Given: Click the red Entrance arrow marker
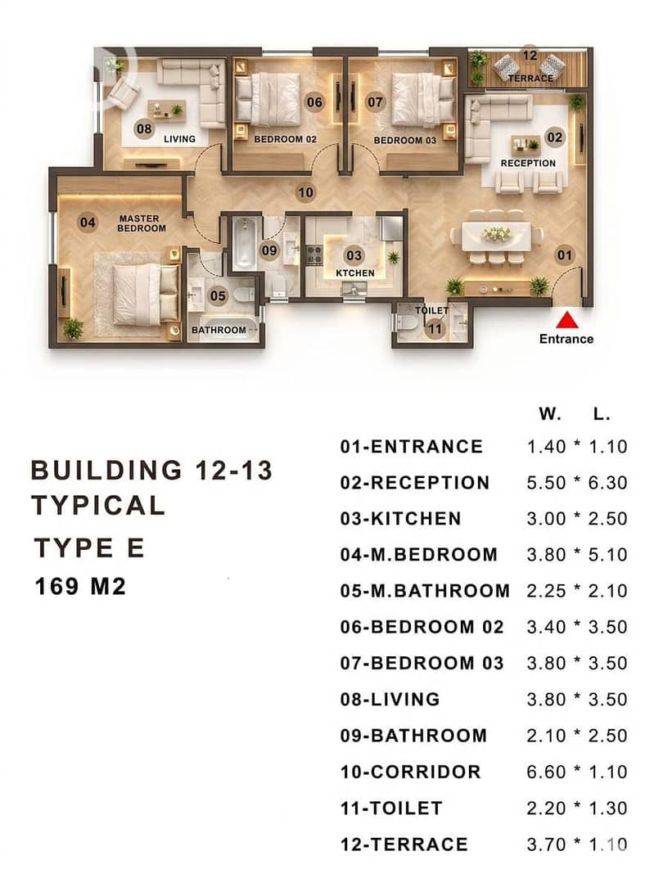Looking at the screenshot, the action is click(x=567, y=320).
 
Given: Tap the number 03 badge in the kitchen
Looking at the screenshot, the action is click(x=354, y=255).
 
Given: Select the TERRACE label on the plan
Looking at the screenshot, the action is click(x=530, y=78).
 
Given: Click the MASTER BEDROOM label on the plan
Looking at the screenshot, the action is click(x=141, y=223).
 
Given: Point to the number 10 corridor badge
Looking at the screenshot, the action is click(x=305, y=192).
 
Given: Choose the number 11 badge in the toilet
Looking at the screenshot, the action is click(x=435, y=328).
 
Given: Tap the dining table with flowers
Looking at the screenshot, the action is click(x=496, y=236).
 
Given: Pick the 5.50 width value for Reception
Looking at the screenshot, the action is click(x=546, y=482).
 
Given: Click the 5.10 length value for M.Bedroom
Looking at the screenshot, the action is click(x=608, y=554).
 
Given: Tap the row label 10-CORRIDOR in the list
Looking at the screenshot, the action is click(x=411, y=772).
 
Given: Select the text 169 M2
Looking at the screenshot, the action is click(x=80, y=585).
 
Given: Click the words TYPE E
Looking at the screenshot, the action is click(x=89, y=547).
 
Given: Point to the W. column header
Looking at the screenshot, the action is click(x=550, y=413).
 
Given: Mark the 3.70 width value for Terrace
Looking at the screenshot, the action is click(x=546, y=844).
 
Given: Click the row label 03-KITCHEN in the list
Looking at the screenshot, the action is click(x=401, y=518).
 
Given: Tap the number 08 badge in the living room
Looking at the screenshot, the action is click(x=144, y=128).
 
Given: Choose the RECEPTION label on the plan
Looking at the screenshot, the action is click(x=528, y=163).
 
